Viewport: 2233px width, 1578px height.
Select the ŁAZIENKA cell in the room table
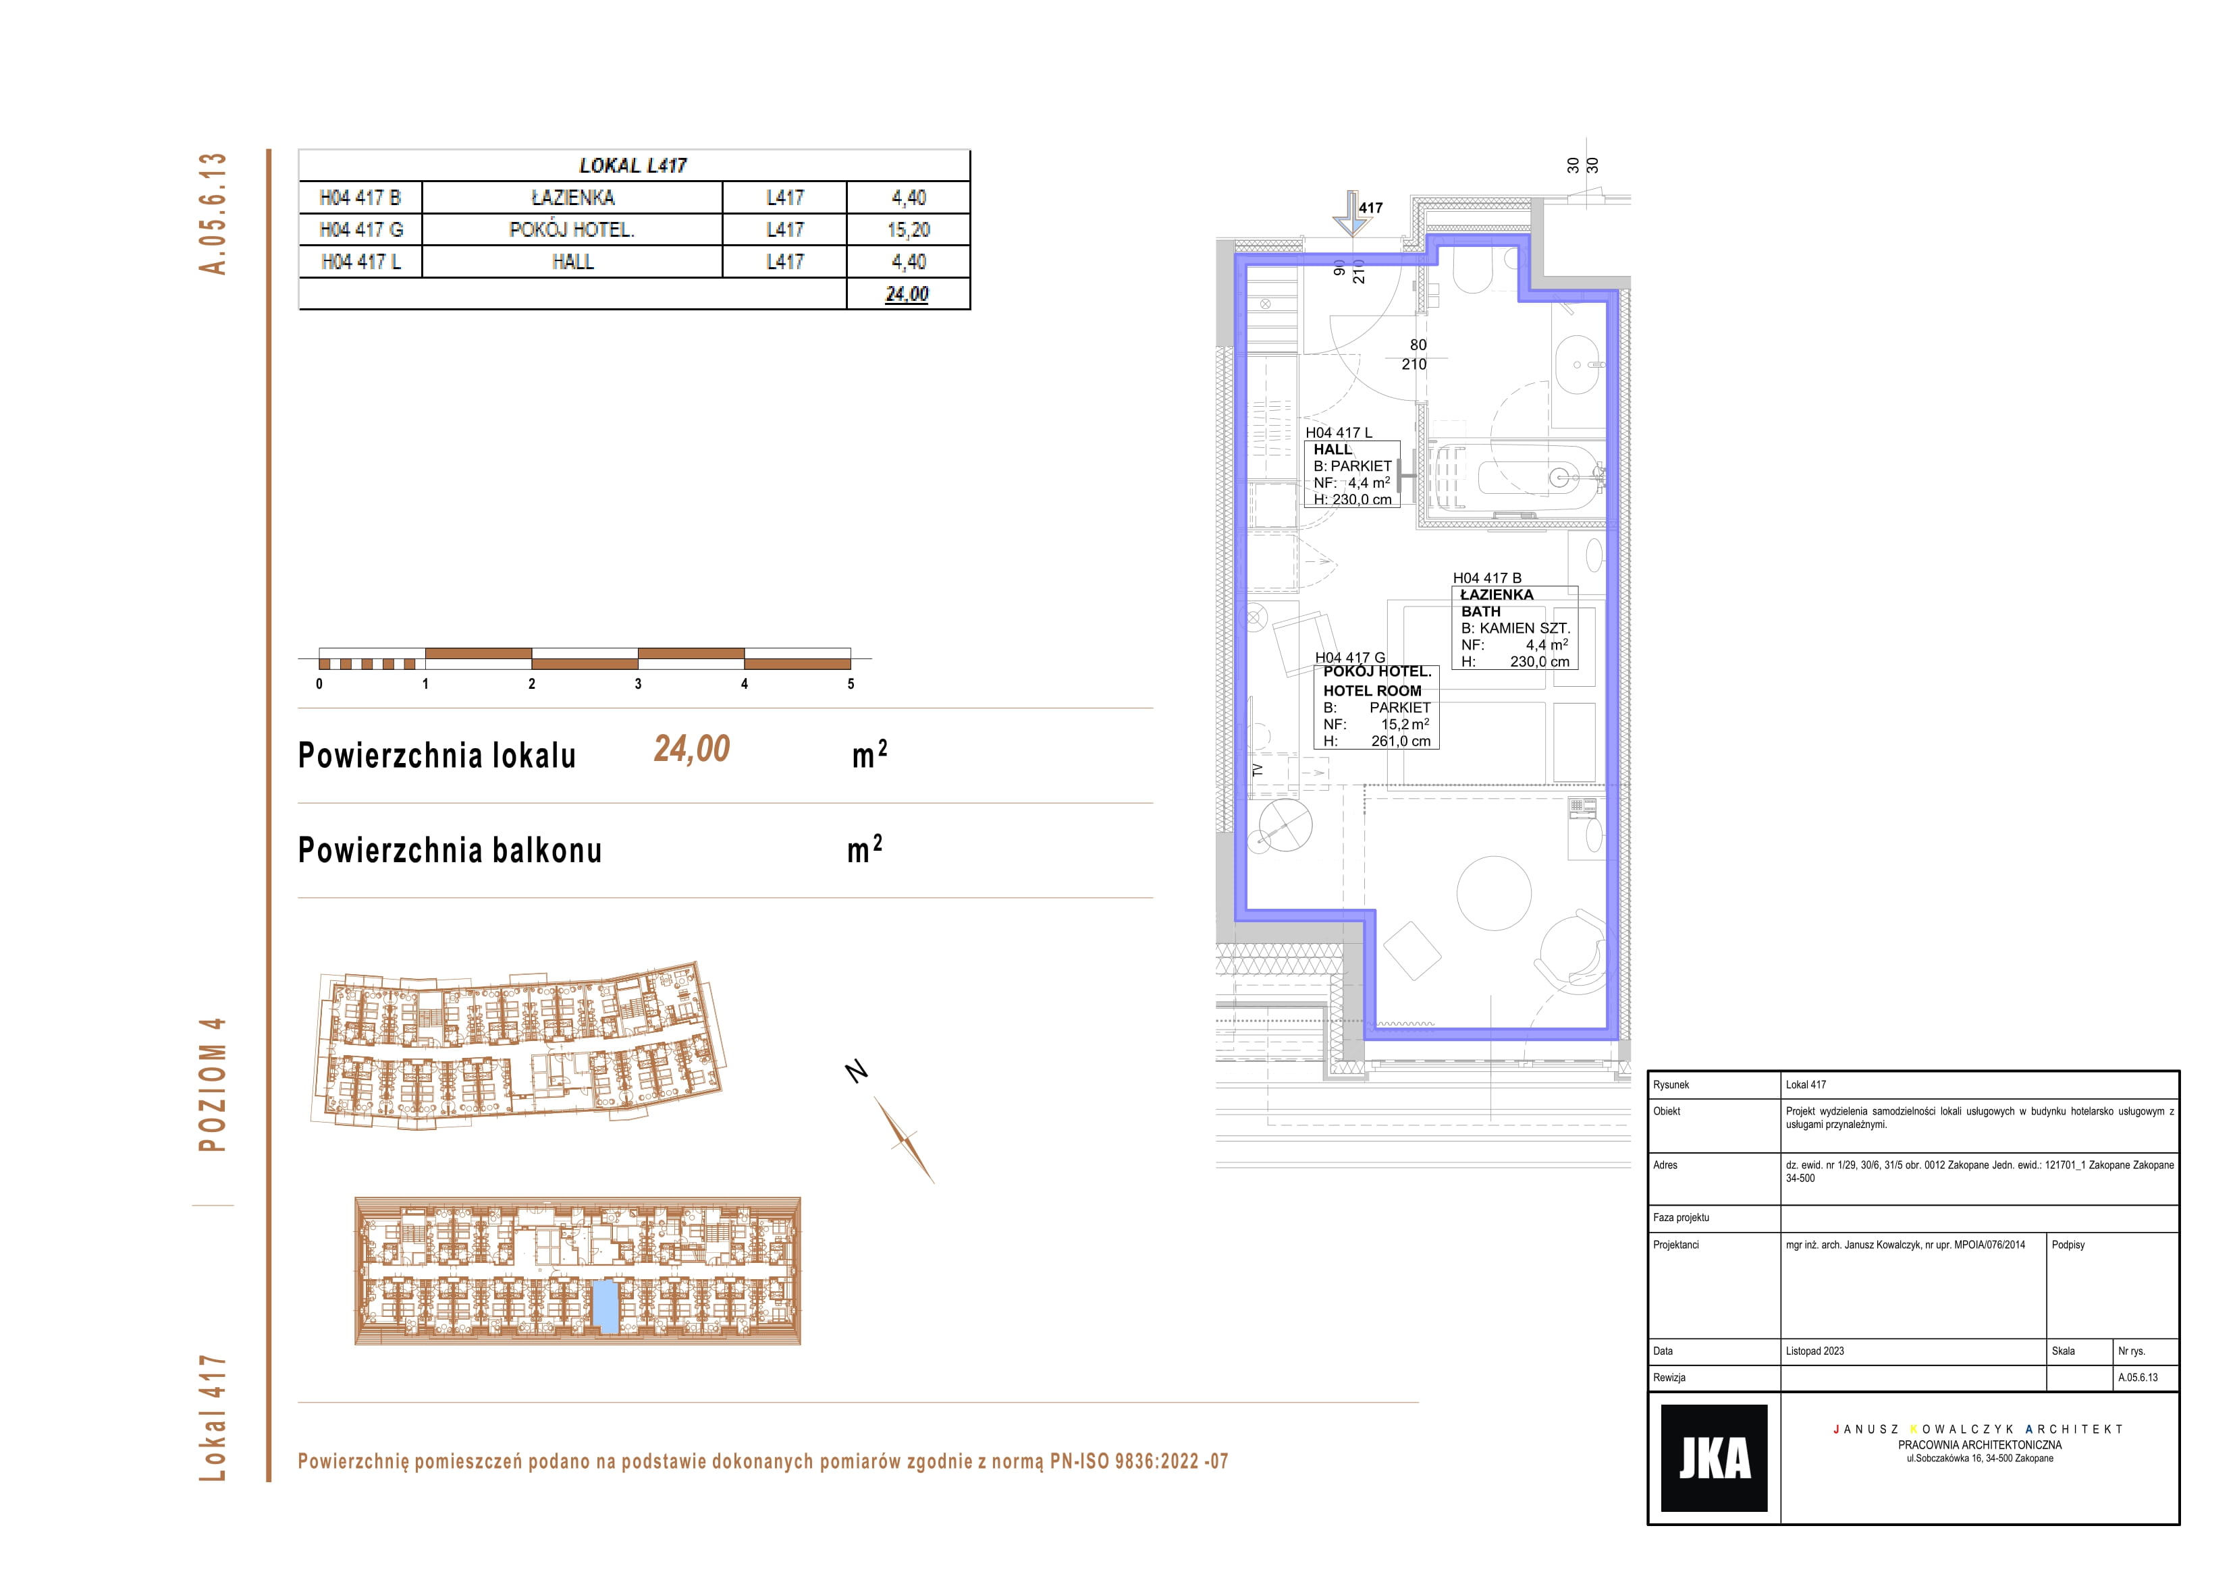tap(573, 198)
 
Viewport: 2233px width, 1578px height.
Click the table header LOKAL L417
tap(633, 165)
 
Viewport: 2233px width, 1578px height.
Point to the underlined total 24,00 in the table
tap(907, 293)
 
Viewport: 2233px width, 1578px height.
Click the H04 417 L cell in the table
tap(361, 262)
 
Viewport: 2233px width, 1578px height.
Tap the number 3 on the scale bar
tap(638, 683)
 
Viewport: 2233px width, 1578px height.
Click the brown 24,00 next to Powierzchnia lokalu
tap(691, 749)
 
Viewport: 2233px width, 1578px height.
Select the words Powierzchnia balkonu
tap(450, 850)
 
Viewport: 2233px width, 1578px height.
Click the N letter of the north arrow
tap(856, 1071)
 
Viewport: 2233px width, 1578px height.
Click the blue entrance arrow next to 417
tap(1351, 213)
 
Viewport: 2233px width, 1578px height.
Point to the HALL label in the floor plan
tap(1333, 449)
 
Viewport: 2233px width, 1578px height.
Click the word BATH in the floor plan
tap(1480, 611)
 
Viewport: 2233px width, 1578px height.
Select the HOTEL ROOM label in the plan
tap(1372, 690)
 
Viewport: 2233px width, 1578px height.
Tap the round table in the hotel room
tap(1494, 893)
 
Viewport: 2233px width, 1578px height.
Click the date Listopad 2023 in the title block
tap(1814, 1351)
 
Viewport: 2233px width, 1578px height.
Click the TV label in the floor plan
tap(1256, 769)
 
